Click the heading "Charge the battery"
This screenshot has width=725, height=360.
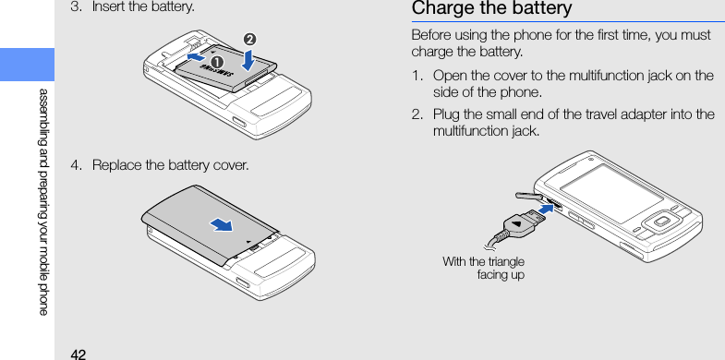click(491, 8)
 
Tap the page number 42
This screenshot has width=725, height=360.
click(79, 354)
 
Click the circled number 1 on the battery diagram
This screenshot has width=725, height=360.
click(216, 62)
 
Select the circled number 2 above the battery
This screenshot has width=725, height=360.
click(249, 40)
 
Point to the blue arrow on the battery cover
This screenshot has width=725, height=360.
click(222, 224)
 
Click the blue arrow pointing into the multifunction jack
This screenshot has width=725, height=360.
click(546, 210)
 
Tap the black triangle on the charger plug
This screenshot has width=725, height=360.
click(516, 224)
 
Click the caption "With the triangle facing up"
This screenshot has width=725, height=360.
click(483, 269)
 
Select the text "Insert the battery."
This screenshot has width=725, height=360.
click(143, 7)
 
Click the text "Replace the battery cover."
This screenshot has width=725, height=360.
click(170, 164)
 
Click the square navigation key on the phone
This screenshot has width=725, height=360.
click(661, 222)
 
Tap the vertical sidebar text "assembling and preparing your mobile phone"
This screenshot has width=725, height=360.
click(43, 202)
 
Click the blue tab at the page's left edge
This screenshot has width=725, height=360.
click(27, 65)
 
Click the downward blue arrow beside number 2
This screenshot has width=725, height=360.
click(248, 60)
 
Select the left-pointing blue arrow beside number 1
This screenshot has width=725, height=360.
click(197, 57)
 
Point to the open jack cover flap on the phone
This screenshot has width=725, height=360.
click(528, 196)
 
